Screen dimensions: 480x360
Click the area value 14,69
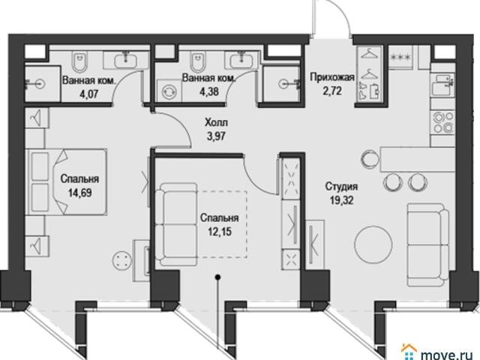(x=80, y=193)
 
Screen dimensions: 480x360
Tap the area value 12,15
(x=220, y=232)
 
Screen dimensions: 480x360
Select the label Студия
(x=341, y=186)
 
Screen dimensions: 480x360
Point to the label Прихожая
(x=332, y=76)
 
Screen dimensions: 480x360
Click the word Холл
(x=217, y=122)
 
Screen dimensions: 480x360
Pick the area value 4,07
(x=88, y=93)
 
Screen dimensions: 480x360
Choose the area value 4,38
(x=208, y=91)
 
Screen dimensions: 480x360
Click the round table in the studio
(x=373, y=244)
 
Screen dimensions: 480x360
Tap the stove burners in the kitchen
(x=442, y=122)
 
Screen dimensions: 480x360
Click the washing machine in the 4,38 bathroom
(x=169, y=90)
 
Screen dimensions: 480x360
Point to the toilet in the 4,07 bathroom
(x=79, y=61)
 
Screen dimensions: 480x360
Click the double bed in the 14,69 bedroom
(x=68, y=181)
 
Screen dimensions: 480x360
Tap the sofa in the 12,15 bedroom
(x=178, y=224)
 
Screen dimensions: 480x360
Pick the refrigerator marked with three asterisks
(x=400, y=57)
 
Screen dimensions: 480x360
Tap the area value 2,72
(x=332, y=91)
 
